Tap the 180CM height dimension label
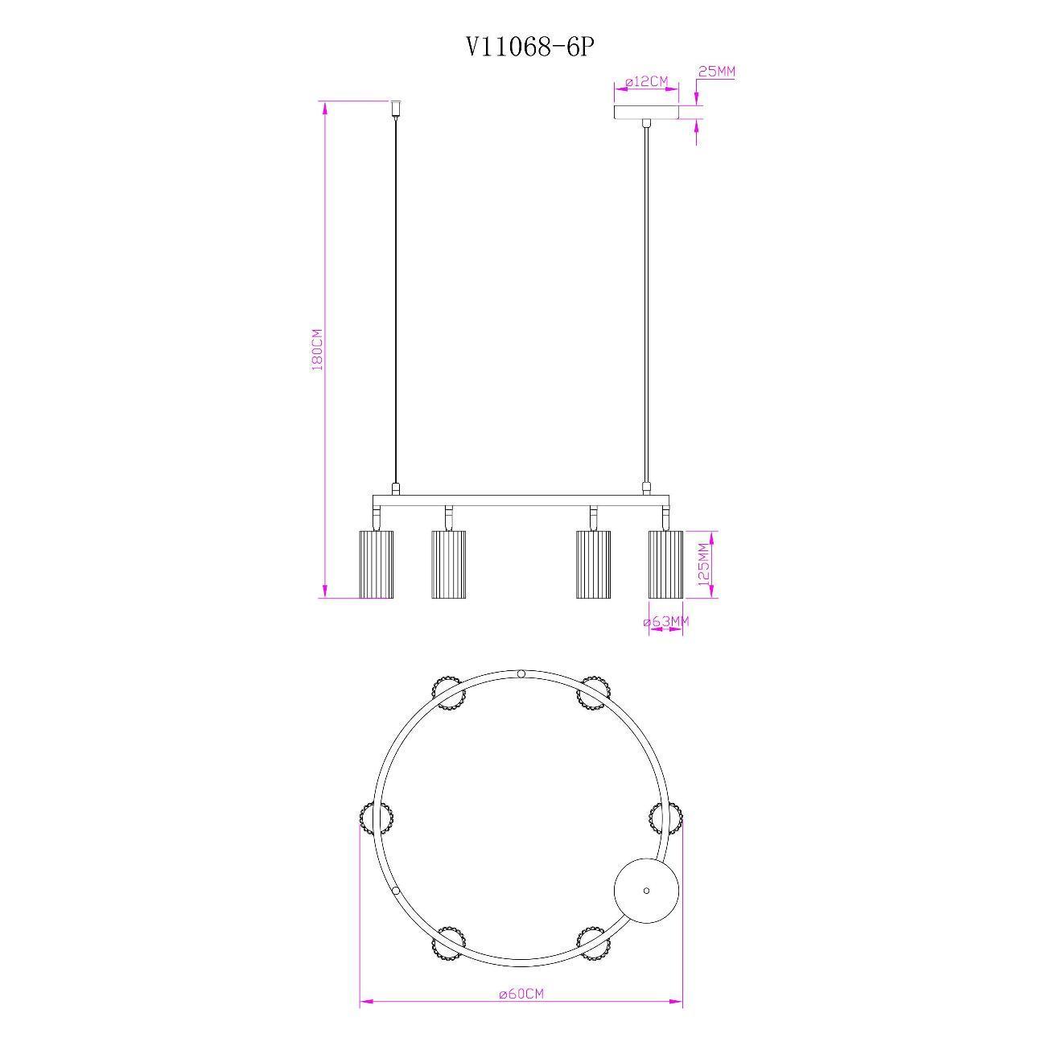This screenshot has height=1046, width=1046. click(317, 349)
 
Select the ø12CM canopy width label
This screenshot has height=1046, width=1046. click(646, 82)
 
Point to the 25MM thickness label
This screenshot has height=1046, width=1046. click(717, 72)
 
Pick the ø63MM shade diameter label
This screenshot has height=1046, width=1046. click(666, 621)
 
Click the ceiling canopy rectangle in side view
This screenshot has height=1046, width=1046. click(646, 113)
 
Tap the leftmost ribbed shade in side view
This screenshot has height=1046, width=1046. click(377, 564)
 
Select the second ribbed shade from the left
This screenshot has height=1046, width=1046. click(448, 564)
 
